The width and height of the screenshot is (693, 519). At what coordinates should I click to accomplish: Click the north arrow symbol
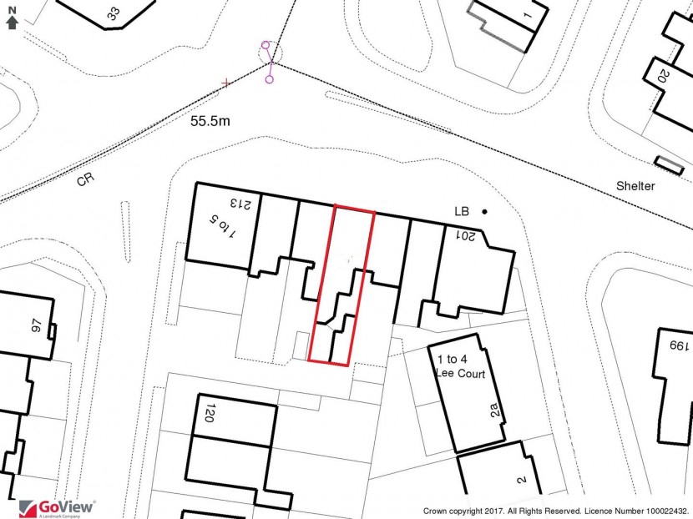(13, 18)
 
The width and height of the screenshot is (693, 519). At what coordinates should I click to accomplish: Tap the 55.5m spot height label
(210, 121)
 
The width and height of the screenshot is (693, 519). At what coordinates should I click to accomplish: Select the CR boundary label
(85, 179)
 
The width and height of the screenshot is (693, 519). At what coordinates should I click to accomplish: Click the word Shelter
(635, 186)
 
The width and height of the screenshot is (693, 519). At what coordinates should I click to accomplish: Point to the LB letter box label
(462, 212)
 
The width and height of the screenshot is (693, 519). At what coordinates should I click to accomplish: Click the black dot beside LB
(485, 212)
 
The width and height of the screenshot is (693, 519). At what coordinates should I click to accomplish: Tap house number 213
(240, 204)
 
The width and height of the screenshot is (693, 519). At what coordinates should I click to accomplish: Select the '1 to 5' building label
(223, 227)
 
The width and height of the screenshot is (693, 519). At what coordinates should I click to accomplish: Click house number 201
(465, 235)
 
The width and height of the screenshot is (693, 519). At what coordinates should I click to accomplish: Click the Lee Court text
(461, 373)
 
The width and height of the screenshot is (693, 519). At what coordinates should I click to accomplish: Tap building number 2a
(495, 410)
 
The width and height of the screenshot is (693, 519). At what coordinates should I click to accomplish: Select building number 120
(210, 412)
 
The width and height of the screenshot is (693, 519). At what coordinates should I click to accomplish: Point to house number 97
(37, 325)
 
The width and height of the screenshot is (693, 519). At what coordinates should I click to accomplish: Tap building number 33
(114, 13)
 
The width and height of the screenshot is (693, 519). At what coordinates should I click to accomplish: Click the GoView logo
(57, 508)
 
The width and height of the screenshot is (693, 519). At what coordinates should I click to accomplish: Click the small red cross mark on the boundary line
(226, 83)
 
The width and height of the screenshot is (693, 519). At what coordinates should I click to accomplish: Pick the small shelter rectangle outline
(669, 166)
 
